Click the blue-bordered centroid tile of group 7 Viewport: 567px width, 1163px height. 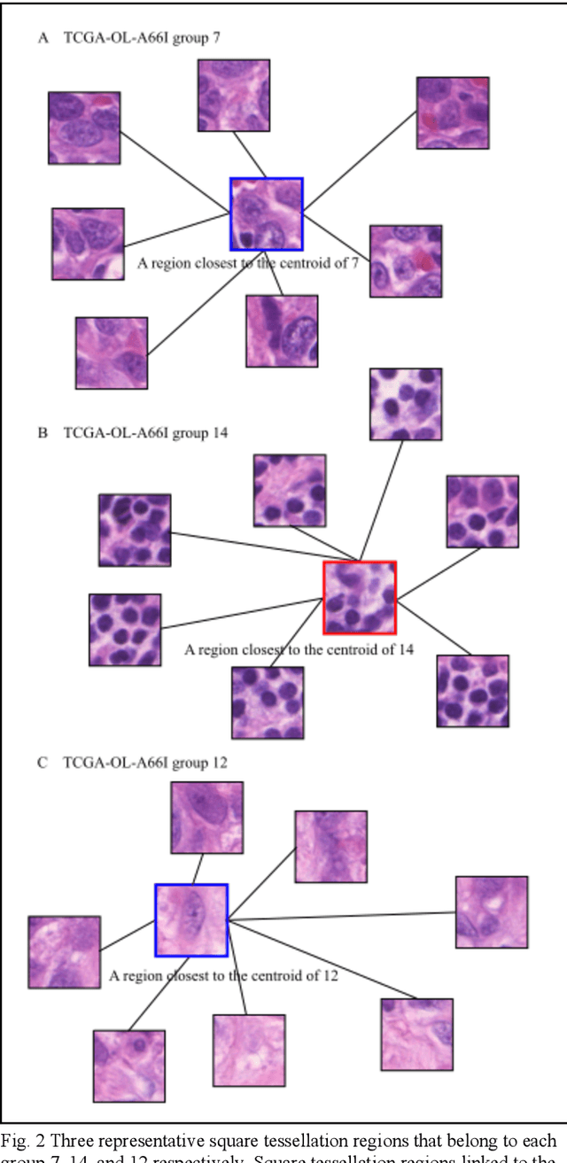267,213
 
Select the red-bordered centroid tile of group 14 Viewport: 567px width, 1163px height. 360,598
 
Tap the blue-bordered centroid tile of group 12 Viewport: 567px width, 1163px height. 191,920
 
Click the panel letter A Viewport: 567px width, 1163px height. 43,38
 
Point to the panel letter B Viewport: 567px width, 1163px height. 43,433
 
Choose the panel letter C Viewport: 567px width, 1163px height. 43,762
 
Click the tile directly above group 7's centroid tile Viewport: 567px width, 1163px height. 234,95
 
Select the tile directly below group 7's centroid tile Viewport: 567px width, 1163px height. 282,331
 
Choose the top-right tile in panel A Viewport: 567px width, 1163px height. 453,112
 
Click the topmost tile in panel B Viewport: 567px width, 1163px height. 406,404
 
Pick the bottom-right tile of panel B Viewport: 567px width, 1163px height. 472,691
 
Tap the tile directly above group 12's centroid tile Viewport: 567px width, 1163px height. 207,818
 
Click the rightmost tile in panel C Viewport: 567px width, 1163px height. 492,912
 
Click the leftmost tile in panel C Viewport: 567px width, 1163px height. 64,952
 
